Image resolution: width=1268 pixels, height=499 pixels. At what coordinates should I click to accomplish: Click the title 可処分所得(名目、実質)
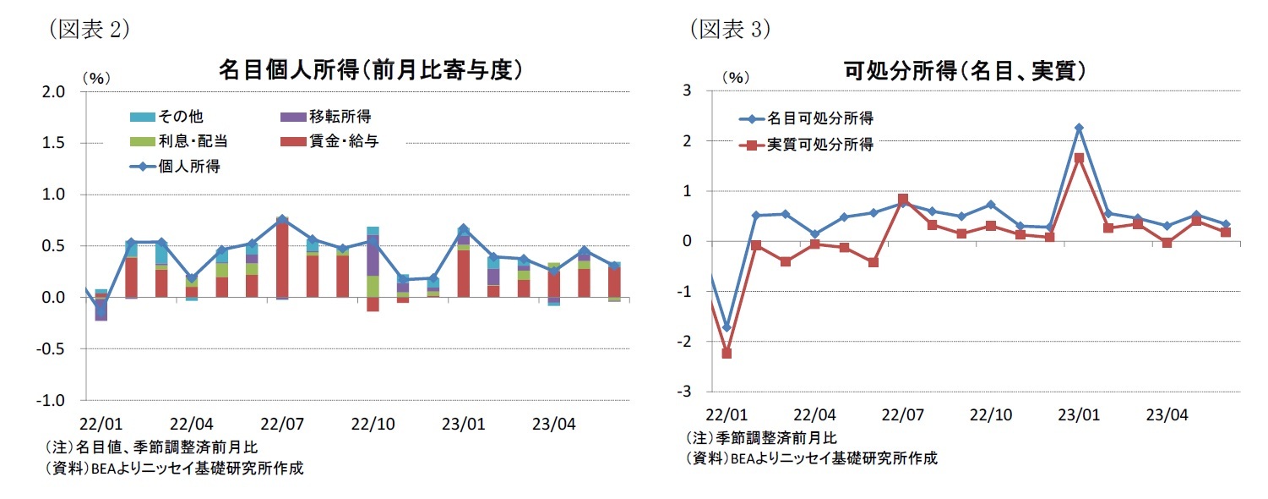(x=965, y=71)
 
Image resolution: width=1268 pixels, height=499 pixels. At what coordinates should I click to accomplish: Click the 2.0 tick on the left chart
(x=53, y=92)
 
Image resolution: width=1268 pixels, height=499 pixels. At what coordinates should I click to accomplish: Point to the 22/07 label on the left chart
(x=282, y=423)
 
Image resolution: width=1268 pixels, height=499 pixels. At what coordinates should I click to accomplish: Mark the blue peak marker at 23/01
(x=1079, y=128)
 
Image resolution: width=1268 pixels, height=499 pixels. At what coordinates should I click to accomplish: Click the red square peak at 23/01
(x=1079, y=158)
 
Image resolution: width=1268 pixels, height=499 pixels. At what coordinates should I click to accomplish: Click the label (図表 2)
(x=89, y=30)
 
